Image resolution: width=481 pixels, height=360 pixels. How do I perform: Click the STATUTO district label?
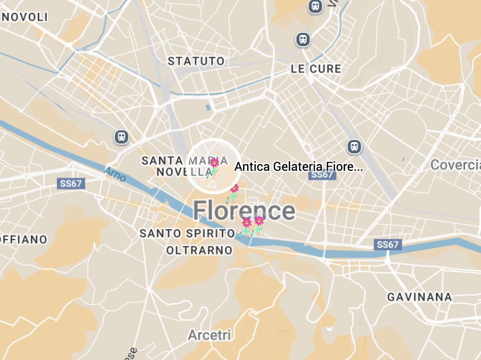coord(196,61)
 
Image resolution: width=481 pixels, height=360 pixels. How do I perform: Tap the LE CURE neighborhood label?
coord(315,69)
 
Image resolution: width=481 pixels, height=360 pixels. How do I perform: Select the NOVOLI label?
coord(25,17)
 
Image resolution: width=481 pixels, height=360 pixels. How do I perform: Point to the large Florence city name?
coord(244,211)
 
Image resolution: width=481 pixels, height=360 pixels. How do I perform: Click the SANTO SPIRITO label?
coord(187,233)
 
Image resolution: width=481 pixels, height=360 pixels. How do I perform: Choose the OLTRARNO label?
coord(199,250)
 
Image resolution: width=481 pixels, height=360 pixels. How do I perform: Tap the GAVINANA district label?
coord(419,297)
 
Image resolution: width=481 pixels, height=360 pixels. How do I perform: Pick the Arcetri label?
coord(210,335)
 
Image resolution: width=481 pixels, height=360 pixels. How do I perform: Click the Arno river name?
coord(114,174)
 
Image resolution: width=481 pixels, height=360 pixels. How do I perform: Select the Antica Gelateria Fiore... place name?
coord(298,167)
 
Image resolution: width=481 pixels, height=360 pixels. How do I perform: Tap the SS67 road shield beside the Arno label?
coord(71,184)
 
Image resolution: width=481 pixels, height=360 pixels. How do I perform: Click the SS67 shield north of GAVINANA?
coord(387,245)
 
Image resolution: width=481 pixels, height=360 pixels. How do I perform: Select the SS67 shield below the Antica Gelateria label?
coord(322,175)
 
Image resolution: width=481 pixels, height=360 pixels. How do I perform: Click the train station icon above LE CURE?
coord(303,39)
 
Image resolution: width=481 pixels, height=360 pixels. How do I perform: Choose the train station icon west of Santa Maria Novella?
coord(121,137)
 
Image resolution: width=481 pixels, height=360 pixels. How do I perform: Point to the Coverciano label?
coord(455,165)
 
